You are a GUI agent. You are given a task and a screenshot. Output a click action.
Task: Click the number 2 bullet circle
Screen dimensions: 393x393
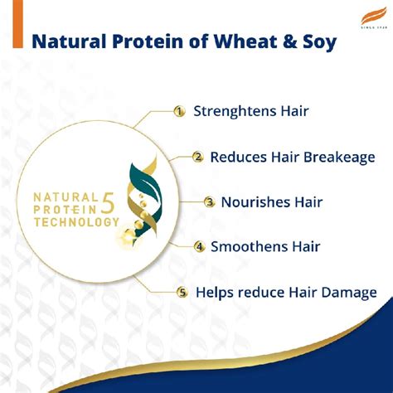(x=197, y=156)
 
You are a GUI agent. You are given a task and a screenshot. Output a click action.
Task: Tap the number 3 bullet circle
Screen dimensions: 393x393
(x=210, y=201)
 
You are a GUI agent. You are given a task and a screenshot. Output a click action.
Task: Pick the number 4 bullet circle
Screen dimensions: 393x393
(x=199, y=246)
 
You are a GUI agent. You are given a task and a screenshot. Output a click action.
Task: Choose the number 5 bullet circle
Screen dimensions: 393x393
(x=182, y=292)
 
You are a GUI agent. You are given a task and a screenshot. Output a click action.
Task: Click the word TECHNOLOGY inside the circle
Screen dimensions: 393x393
(x=74, y=223)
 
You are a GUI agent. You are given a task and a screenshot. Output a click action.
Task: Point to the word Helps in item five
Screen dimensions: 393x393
(x=214, y=292)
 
